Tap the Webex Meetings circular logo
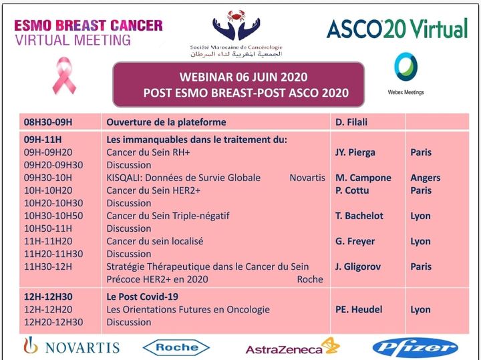coord(406,69)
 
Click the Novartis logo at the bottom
coord(71,347)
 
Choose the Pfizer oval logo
coord(415,347)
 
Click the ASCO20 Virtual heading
coord(397,29)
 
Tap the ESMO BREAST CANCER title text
coord(88,26)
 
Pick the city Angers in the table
coord(425,178)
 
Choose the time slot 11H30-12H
coord(48,266)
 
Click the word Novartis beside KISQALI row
coord(307,178)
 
